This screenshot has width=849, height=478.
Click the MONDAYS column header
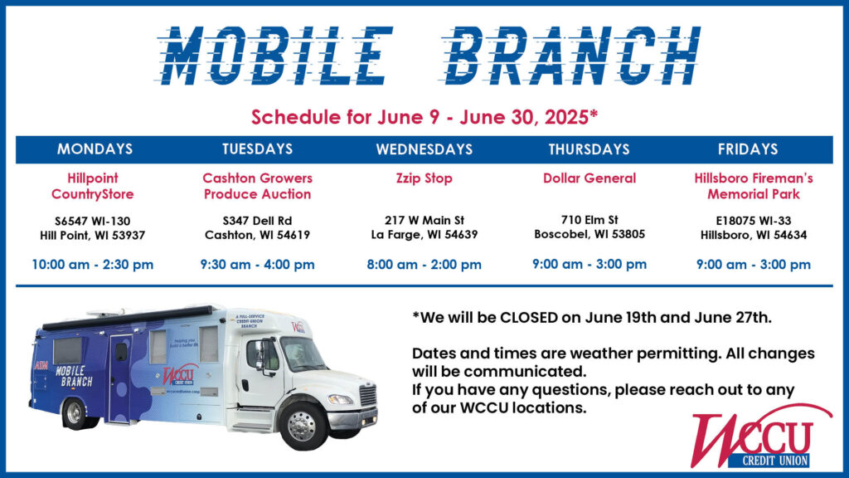click(95, 149)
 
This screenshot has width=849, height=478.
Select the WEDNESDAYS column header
click(424, 149)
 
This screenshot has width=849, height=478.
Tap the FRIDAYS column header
click(748, 149)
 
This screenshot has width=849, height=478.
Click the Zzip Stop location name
click(424, 178)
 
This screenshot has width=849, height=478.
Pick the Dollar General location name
click(589, 178)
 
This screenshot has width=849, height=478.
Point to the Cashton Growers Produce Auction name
click(257, 186)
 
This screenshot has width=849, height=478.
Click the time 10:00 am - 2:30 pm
click(93, 265)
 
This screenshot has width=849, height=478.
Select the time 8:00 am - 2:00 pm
click(424, 265)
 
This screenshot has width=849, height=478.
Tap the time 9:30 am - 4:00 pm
click(257, 265)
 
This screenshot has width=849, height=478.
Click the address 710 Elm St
click(589, 219)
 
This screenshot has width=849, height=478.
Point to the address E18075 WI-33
click(753, 221)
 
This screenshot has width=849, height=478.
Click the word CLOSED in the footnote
click(528, 318)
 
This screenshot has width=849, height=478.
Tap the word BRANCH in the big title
click(570, 56)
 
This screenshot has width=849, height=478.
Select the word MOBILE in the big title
click(275, 56)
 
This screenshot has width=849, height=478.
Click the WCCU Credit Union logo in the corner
click(761, 437)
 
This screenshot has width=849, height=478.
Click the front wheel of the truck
click(302, 426)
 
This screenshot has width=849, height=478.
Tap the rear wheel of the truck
click(75, 414)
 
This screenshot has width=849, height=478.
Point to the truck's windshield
click(302, 354)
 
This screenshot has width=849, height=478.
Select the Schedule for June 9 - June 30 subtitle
click(424, 117)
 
